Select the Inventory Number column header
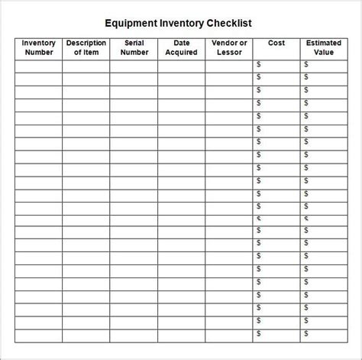tap(38, 48)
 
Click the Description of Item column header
tap(86, 48)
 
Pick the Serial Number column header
tap(134, 48)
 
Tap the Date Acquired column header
tap(182, 48)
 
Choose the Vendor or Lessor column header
tap(229, 48)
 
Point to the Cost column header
tap(276, 44)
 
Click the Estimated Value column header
tap(324, 48)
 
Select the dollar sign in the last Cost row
tap(259, 334)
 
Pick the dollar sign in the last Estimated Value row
tap(306, 334)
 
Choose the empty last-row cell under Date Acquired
tap(182, 334)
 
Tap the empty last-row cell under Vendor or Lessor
tap(229, 334)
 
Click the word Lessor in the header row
tap(229, 53)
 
